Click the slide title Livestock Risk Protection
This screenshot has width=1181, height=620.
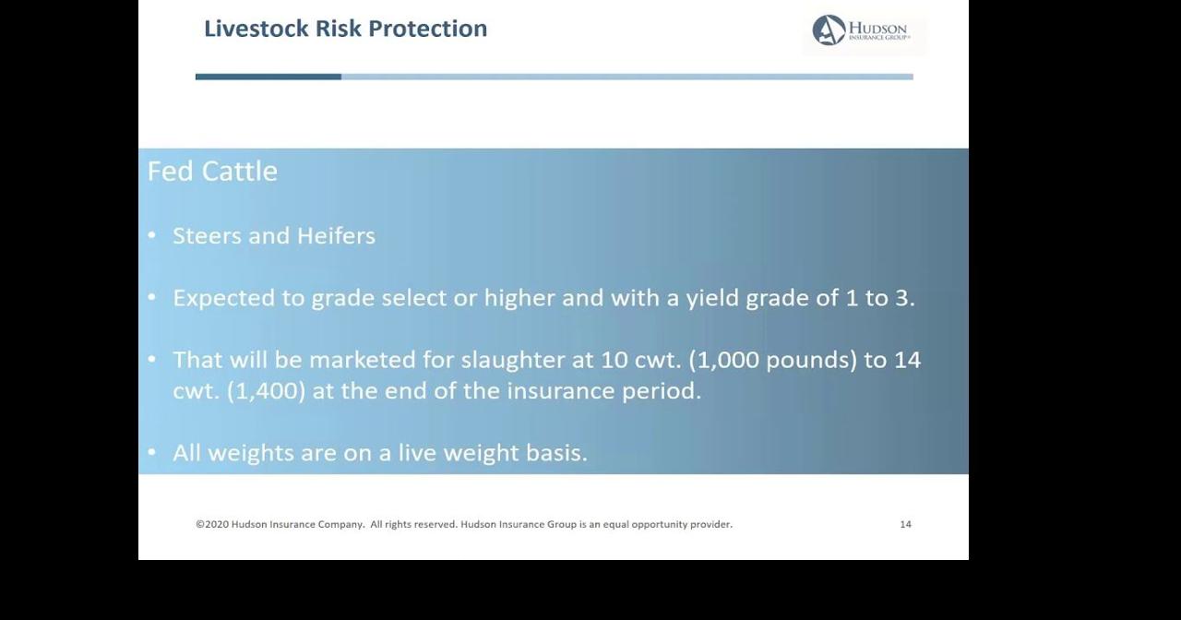click(345, 29)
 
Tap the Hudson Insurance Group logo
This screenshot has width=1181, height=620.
click(862, 30)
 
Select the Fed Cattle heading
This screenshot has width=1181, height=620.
click(212, 172)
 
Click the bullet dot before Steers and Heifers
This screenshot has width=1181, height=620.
click(152, 236)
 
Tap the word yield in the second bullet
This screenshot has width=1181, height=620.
click(711, 299)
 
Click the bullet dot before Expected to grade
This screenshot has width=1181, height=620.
click(152, 298)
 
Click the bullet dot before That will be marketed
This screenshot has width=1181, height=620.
click(152, 360)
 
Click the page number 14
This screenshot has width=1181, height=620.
click(905, 524)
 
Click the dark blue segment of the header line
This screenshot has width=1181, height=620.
click(268, 77)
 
